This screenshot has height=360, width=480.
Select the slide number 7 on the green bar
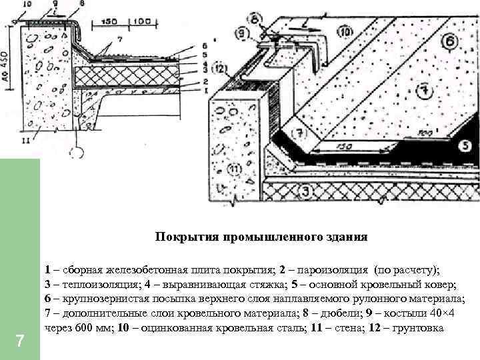point(20,342)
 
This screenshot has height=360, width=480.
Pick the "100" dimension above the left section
point(139,22)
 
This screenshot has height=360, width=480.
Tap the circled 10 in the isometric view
point(344,31)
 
